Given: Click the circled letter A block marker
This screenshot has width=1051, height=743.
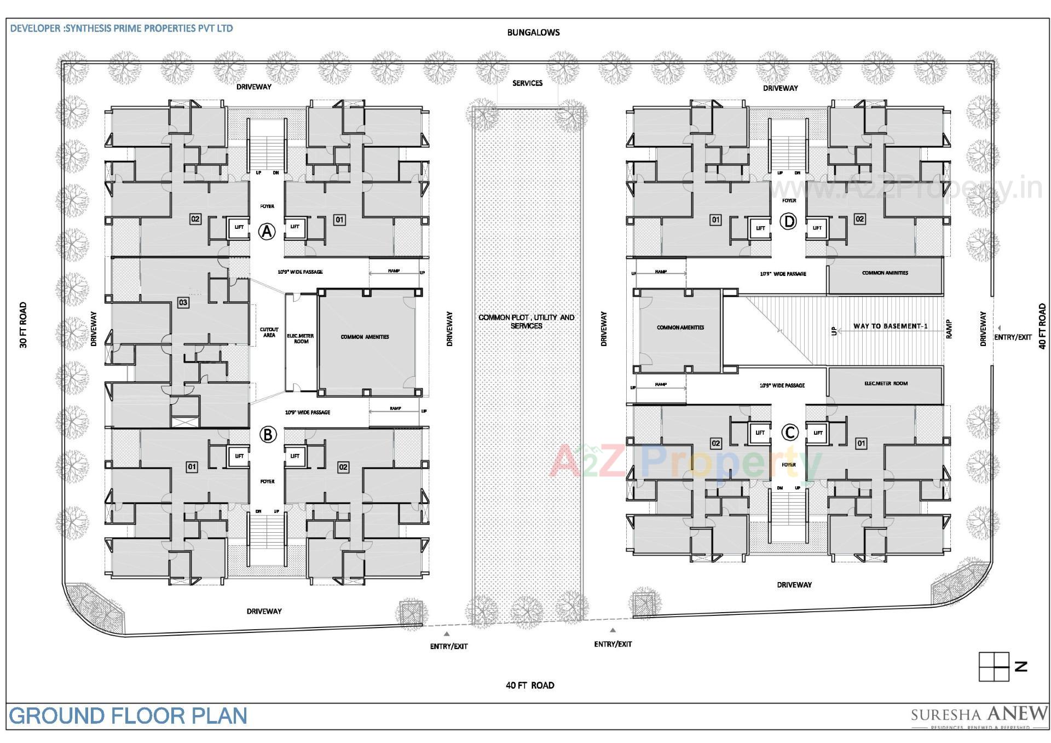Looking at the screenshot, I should click(x=267, y=232).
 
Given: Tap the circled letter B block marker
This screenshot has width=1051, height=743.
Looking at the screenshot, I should click(x=268, y=435).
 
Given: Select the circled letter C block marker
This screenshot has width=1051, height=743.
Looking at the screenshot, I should click(x=789, y=433).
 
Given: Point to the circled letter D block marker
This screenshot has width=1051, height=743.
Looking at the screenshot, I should click(x=788, y=222).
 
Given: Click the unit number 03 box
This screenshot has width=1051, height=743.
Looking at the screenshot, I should click(x=183, y=302).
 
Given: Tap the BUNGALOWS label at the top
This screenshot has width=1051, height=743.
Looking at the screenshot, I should click(x=533, y=32).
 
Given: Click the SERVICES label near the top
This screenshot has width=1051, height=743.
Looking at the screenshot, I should click(x=527, y=83).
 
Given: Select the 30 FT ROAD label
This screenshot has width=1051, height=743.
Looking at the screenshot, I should click(x=23, y=325).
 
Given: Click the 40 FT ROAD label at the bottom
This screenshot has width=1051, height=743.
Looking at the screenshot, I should click(x=529, y=685).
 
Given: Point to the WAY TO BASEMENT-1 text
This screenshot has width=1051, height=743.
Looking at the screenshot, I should click(x=890, y=326).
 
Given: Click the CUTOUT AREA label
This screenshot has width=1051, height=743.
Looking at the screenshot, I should click(x=269, y=332).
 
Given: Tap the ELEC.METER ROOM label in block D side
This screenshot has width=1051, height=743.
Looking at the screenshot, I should click(x=885, y=383).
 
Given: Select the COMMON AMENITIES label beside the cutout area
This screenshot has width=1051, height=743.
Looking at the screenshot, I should click(x=365, y=337).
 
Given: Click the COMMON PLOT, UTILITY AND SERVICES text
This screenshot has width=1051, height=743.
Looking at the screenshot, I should click(x=526, y=321).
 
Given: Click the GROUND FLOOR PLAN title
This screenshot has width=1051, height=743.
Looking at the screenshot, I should click(x=128, y=716).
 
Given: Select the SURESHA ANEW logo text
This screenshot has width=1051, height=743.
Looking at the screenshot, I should click(x=978, y=715).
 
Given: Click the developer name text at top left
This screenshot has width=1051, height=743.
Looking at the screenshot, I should click(x=122, y=28).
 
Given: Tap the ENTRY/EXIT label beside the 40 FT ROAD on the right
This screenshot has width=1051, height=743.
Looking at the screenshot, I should click(x=1012, y=337).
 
